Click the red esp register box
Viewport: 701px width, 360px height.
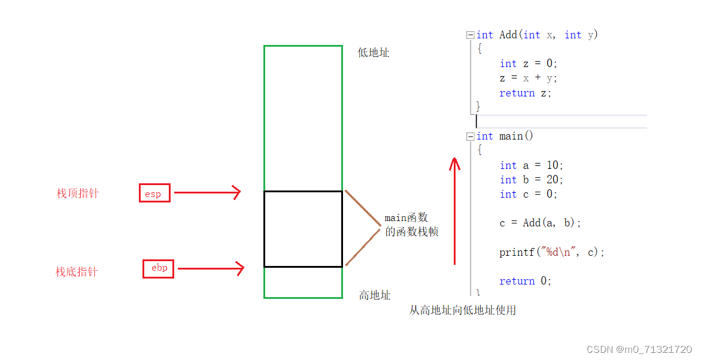point(154,193)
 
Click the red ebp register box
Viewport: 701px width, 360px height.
point(159,268)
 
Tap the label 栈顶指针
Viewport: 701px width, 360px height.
point(78,193)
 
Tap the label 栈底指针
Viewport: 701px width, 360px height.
point(77,272)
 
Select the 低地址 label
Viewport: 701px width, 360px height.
point(374,53)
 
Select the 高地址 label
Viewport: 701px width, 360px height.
point(375,295)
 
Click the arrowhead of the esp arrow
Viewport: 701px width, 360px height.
point(238,192)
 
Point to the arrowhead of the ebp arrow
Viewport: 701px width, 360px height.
point(241,268)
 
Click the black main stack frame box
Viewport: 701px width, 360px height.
point(303,229)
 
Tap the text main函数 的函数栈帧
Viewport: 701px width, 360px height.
point(411,225)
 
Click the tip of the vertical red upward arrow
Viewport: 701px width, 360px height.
point(454,160)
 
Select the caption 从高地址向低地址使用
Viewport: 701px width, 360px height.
point(463,310)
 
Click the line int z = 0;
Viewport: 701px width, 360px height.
point(529,63)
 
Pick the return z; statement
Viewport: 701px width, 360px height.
point(525,93)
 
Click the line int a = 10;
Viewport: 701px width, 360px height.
point(532,165)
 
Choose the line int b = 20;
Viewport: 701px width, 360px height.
point(532,180)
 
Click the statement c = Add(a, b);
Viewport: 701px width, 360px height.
point(540,223)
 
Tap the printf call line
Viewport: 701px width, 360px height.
point(552,252)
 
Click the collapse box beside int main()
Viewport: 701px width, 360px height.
point(471,137)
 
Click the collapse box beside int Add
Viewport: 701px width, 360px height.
point(471,35)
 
